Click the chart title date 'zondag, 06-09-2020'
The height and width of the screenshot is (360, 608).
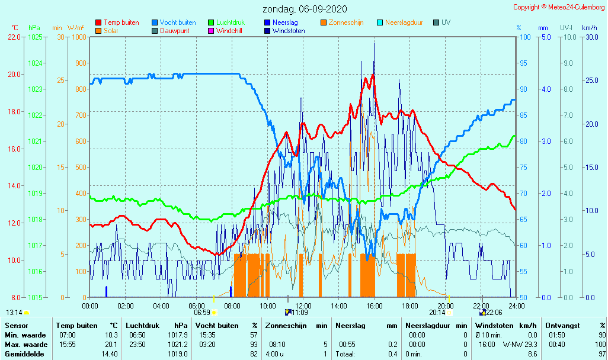pos(305,9)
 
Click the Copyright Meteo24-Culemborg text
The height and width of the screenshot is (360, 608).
pos(559,7)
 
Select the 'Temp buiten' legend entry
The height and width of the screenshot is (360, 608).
pos(121,22)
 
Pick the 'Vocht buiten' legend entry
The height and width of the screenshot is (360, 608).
pos(177,22)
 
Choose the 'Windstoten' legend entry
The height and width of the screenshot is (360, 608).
pos(289,31)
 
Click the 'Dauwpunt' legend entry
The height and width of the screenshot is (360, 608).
pos(174,31)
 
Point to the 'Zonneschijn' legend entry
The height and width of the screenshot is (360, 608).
pos(345,22)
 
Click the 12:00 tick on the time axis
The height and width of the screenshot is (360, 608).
pos(303,306)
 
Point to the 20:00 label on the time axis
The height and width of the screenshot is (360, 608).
pos(446,306)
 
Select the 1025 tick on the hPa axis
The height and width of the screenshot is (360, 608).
pos(35,37)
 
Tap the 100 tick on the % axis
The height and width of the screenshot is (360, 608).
pos(524,37)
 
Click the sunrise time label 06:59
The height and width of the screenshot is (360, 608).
pos(202,313)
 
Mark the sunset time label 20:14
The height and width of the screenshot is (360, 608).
pos(437,313)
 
